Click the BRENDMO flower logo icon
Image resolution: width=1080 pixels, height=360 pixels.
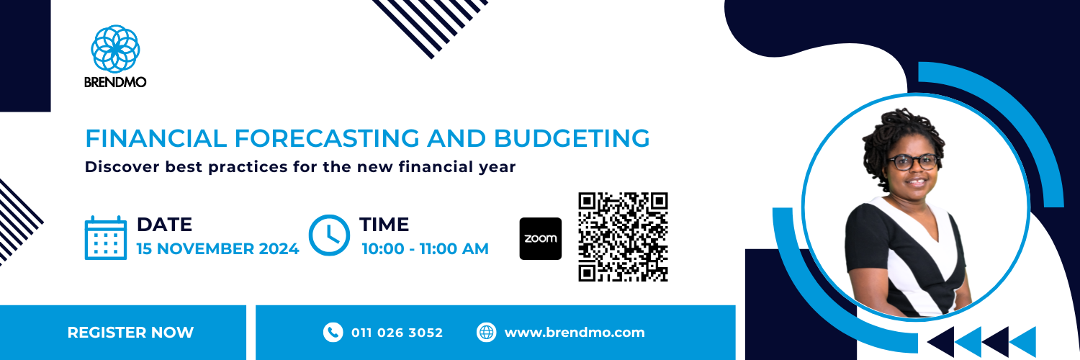click(115, 48)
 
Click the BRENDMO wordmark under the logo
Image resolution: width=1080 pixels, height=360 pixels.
click(115, 82)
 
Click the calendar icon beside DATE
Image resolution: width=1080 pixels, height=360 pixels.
click(106, 237)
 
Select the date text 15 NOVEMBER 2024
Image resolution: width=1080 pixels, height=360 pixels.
click(217, 249)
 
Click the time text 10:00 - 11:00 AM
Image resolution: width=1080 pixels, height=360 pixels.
click(425, 249)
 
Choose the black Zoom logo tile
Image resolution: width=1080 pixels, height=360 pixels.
click(540, 238)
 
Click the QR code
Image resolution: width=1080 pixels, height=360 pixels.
click(624, 236)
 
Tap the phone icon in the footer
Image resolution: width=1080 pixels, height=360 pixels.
click(333, 332)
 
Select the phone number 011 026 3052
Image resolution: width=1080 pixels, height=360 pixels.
click(397, 333)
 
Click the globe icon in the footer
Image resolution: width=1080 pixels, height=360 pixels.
click(487, 332)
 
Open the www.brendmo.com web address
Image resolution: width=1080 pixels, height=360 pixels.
click(575, 333)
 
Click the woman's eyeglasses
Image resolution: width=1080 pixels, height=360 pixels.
click(912, 161)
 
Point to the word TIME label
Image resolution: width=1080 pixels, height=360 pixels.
click(384, 225)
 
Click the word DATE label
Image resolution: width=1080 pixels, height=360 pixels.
click(164, 225)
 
